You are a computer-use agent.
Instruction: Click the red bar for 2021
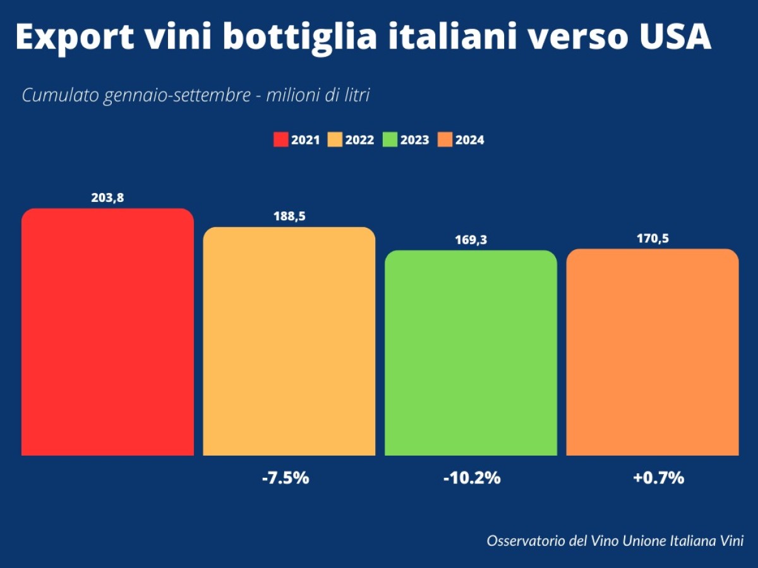[107, 331]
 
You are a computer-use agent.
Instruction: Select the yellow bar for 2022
[289, 341]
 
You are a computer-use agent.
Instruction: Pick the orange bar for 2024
[653, 352]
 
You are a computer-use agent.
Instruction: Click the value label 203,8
[107, 198]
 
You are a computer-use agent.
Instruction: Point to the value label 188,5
[289, 216]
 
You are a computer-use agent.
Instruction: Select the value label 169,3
[471, 240]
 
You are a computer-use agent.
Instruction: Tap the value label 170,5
[653, 239]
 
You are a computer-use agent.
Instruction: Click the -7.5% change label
[286, 478]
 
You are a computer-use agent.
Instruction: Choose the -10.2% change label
[471, 478]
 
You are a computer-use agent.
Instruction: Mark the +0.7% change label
[658, 478]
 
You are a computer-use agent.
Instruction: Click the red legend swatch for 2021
[281, 140]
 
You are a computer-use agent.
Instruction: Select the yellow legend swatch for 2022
[335, 140]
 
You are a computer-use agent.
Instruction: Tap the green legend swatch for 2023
[390, 140]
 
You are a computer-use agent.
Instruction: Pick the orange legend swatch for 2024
[445, 140]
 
